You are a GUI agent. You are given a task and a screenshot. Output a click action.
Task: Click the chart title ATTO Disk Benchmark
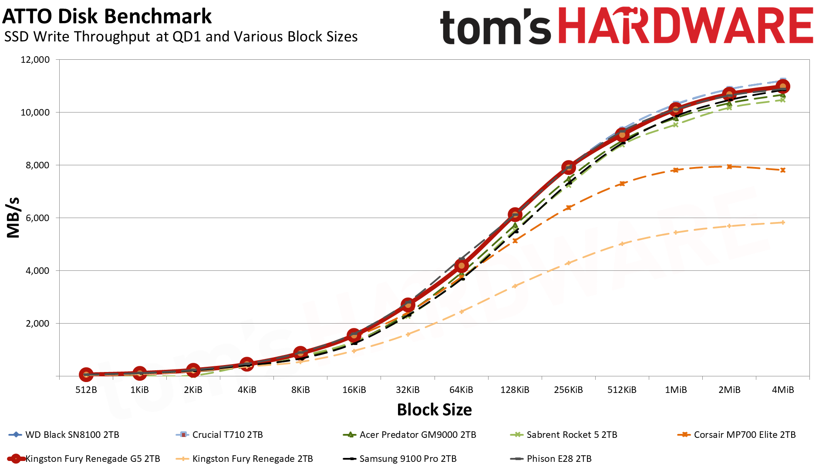click(107, 17)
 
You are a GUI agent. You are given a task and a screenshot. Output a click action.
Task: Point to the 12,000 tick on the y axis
click(35, 60)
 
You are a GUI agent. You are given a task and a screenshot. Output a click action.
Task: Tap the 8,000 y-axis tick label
click(35, 165)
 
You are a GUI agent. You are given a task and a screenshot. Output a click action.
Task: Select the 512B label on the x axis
click(86, 390)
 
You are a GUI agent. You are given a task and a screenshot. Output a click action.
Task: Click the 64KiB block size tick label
click(461, 390)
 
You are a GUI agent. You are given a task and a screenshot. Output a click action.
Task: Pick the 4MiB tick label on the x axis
click(783, 390)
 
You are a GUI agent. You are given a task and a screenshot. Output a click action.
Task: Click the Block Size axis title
click(434, 410)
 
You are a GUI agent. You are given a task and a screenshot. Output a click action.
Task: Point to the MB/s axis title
click(13, 218)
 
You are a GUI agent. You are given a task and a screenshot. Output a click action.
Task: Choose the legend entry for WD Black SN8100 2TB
click(72, 435)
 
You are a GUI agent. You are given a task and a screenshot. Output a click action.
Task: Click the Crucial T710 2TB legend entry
click(227, 435)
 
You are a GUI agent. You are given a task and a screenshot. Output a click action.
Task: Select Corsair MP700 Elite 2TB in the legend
click(745, 435)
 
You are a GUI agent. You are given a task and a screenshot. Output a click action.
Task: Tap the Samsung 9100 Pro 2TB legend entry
click(408, 459)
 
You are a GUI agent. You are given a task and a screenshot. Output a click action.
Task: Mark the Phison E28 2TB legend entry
click(559, 459)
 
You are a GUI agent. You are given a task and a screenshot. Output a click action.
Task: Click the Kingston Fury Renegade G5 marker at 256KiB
click(568, 167)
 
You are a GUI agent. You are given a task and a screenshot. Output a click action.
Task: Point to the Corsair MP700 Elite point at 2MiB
click(729, 167)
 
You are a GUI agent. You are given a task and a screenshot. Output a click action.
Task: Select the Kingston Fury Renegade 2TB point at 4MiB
click(783, 223)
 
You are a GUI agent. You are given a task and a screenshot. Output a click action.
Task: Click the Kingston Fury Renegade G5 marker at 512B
click(86, 374)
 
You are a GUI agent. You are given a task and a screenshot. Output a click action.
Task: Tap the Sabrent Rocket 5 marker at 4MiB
click(783, 100)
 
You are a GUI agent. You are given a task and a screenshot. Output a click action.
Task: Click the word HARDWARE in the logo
click(685, 26)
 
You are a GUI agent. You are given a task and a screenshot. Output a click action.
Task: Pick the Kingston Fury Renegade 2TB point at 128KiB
click(515, 286)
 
